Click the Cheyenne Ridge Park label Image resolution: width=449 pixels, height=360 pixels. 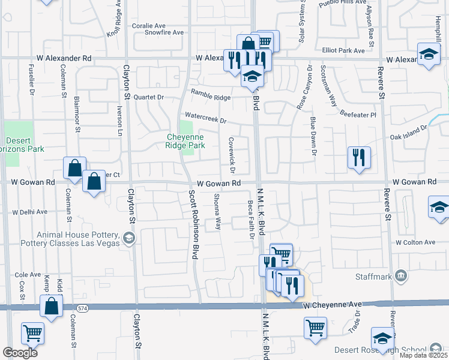[185, 140]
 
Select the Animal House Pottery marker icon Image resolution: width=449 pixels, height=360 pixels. [128, 239]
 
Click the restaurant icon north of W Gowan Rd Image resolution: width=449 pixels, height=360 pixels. [359, 158]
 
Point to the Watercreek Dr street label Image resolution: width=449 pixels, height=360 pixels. [205, 118]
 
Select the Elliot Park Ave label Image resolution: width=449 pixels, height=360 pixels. [343, 51]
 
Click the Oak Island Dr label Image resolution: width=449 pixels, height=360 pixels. [408, 133]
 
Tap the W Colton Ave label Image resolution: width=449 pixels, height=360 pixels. [415, 242]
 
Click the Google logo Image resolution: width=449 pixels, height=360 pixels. [20, 352]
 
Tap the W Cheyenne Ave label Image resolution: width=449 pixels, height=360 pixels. [333, 305]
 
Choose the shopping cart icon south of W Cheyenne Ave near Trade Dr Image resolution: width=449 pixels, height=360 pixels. [316, 328]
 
